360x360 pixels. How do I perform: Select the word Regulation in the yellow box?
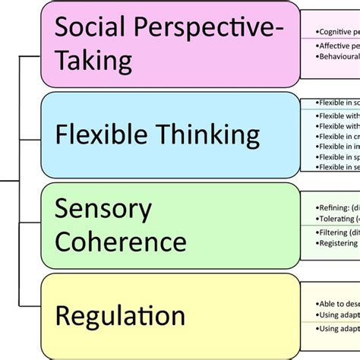[120, 315]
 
